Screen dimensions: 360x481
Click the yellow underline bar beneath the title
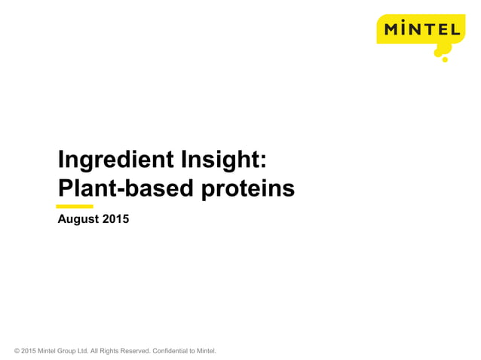(x=75, y=206)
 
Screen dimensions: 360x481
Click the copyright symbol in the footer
(x=17, y=351)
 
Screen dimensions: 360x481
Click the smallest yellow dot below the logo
(x=445, y=59)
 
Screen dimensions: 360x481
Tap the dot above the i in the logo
(x=406, y=23)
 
